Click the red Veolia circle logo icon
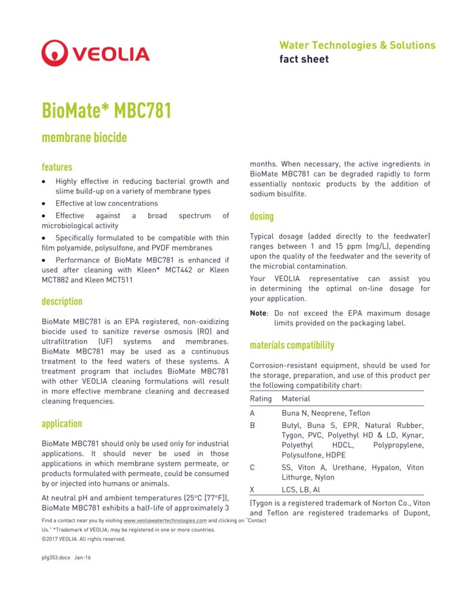55,53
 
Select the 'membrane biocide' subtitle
84,138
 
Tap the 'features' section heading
57,167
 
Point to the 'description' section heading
62,301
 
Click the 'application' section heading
61,424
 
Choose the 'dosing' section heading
261,216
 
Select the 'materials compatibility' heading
292,345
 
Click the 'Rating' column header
261,399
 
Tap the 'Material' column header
296,399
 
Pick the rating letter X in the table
252,490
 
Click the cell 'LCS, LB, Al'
301,490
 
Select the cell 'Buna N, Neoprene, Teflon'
326,413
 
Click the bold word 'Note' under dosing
258,313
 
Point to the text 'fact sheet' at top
304,59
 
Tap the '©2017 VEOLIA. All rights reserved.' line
84,539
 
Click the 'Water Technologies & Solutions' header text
357,45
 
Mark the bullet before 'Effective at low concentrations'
44,203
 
